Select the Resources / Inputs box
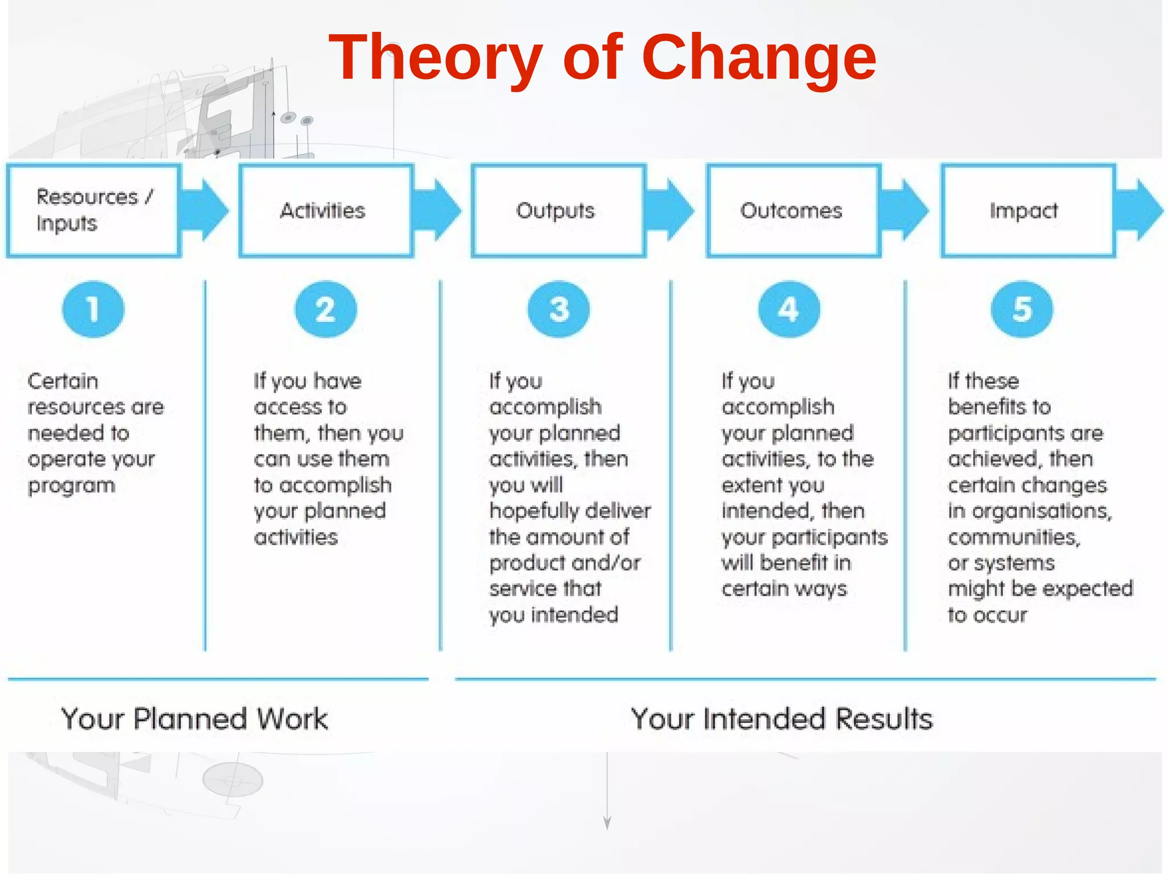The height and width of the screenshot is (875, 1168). coord(94,210)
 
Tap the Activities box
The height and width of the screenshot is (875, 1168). coord(326,210)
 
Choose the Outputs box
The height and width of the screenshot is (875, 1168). coord(558,210)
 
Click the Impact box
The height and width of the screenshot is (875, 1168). coord(1028,210)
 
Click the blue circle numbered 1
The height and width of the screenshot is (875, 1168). coord(93,310)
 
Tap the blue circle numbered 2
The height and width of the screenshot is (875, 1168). coord(326,310)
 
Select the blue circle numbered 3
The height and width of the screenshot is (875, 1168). coord(559,310)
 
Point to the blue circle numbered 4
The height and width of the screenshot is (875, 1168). coord(789,310)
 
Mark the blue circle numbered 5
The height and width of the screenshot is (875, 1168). coord(1022,310)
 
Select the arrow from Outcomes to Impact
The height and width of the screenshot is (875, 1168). coord(906,210)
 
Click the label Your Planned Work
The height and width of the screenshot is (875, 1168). coord(194,719)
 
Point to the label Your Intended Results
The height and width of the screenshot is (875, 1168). coord(781,719)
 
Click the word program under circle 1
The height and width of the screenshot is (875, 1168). coord(72,486)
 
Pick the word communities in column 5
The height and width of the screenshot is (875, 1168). coord(1013,537)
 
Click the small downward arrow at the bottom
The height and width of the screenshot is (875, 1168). coord(607,821)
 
